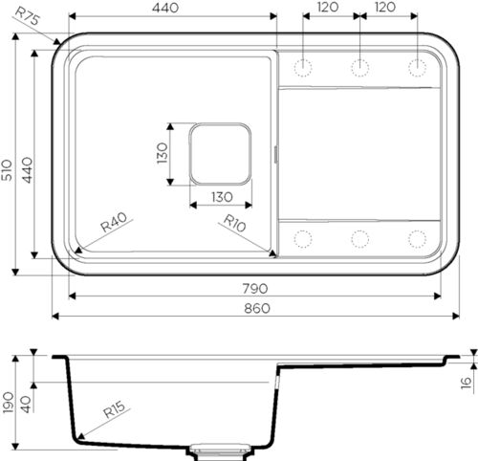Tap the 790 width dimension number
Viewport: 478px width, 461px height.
[255, 288]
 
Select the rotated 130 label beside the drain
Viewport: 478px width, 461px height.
[163, 152]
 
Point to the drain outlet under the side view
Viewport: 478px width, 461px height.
[222, 447]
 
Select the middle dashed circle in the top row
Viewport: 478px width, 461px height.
[359, 66]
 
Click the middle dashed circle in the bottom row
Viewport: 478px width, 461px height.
[359, 238]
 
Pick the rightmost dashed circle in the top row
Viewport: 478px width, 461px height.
[417, 66]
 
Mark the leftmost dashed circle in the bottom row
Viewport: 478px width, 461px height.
[304, 238]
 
